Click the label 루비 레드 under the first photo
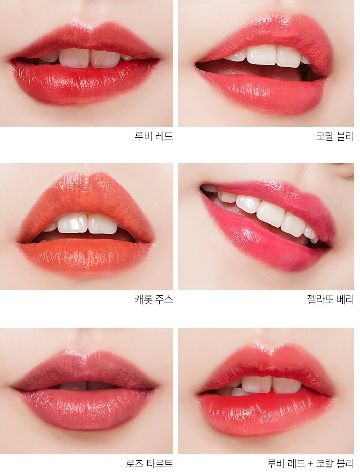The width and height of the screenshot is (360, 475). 154,136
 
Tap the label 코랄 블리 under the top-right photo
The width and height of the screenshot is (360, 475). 335,136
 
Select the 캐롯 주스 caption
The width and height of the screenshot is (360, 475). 154,299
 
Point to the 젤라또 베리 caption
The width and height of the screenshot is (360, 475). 330,299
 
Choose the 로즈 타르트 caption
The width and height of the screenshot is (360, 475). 149,463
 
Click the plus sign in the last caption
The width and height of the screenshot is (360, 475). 310,464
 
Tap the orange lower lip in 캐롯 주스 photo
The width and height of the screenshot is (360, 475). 85,254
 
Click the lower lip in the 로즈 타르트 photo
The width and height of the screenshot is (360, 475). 86,406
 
